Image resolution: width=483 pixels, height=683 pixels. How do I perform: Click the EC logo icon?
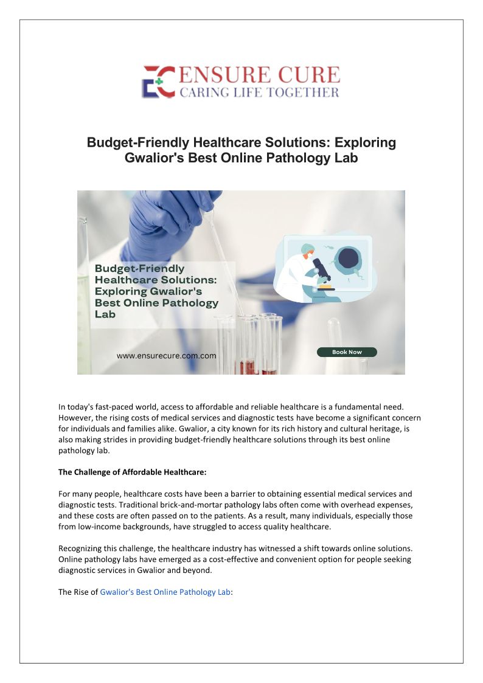158,81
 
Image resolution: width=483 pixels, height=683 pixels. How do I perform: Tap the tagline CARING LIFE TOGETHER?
259,92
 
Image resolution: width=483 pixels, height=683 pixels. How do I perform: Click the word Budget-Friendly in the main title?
138,142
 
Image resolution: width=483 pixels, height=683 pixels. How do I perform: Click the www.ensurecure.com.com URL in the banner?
166,356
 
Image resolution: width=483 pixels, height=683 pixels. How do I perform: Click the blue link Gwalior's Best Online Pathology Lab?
165,592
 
